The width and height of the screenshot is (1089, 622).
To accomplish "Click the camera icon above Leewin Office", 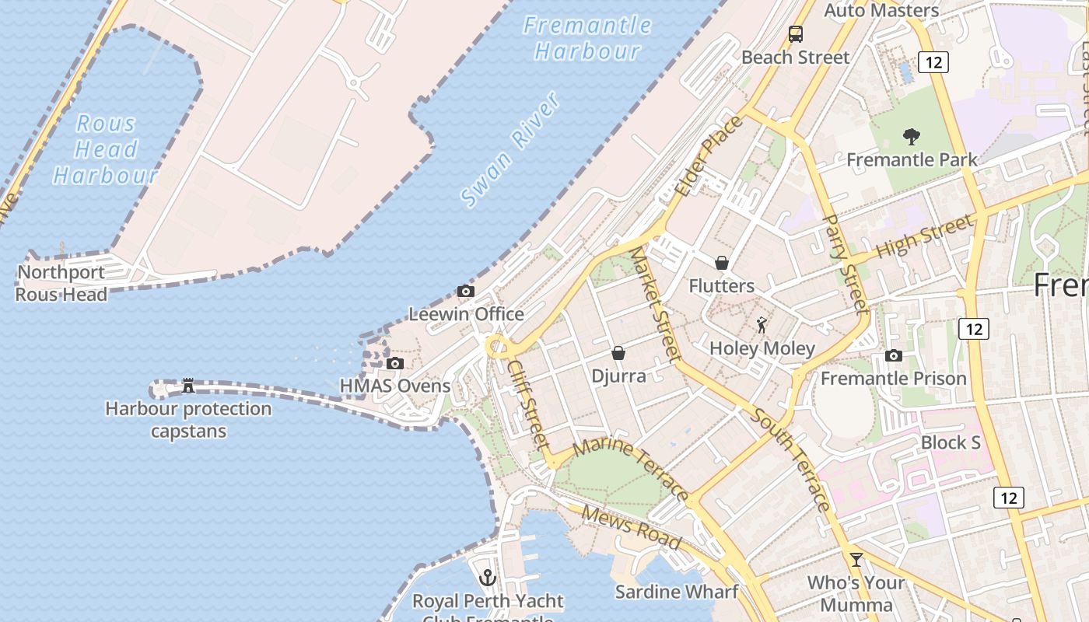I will [x=466, y=292].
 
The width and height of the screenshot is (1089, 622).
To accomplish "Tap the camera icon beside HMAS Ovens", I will [x=395, y=363].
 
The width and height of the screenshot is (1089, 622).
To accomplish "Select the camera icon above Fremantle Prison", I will [x=894, y=356].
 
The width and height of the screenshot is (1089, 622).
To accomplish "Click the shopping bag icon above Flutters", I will [x=722, y=263].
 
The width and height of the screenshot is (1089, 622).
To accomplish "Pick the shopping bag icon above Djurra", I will [x=618, y=353].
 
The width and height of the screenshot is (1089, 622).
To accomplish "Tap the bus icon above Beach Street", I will [x=795, y=34].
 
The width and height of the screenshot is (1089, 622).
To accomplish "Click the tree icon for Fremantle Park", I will [x=912, y=137].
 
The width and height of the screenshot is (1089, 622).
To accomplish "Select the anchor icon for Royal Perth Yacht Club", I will [x=488, y=578].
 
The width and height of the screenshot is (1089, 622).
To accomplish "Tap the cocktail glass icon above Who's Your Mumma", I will [x=856, y=559].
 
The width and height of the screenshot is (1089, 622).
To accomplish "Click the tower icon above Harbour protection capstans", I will [x=187, y=385].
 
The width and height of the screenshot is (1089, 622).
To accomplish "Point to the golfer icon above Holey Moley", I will [x=762, y=325].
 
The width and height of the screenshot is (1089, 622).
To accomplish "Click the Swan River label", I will [x=510, y=151].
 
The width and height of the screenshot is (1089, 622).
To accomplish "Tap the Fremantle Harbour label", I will [x=587, y=38].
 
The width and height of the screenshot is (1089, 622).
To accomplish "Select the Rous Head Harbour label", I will [x=107, y=149].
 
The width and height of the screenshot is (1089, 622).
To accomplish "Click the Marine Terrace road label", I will [x=631, y=470].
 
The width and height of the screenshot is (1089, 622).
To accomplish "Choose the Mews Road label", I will [x=631, y=528].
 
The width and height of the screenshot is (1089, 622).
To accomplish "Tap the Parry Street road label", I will [x=845, y=264].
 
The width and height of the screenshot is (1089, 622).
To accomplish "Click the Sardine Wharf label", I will [x=677, y=592].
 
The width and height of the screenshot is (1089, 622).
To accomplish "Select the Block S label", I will [x=951, y=442].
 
